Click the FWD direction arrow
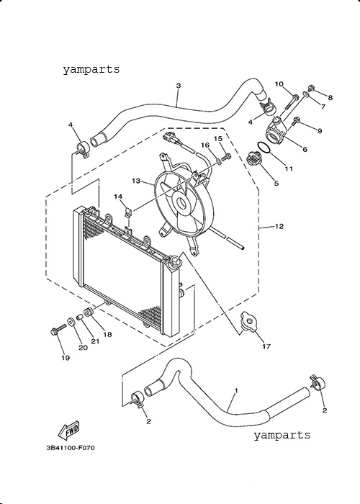point(68,430)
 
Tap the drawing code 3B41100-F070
point(71,447)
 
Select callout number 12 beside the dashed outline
point(279,226)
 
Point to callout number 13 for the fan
point(136,181)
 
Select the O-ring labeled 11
point(264,148)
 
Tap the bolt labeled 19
point(58,330)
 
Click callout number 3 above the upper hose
point(179,86)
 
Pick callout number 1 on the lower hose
point(236,390)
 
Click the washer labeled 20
point(71,322)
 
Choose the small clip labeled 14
point(129,212)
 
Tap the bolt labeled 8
point(311,87)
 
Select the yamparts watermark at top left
point(91,69)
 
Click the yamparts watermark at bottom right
point(282,435)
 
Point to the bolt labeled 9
point(296,122)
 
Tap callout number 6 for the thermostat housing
point(305,149)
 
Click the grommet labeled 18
point(89,312)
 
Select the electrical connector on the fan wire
point(170,138)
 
